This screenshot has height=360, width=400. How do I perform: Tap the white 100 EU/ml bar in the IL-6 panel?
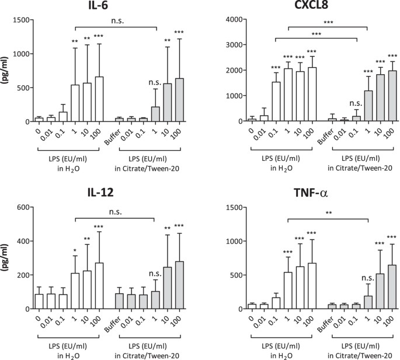(100, 99)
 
